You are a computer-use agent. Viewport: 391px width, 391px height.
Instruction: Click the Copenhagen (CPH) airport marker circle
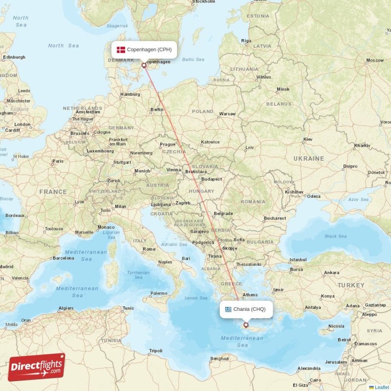coord(144,65)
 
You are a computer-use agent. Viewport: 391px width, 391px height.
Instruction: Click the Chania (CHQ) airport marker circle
coord(246,325)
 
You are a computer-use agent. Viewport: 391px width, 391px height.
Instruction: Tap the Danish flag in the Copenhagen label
coord(121,49)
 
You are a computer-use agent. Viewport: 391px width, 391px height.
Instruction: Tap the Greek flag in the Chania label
coord(228,309)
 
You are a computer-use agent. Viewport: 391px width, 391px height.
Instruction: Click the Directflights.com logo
coord(37,367)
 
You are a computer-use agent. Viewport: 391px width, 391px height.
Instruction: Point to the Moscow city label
coord(375,61)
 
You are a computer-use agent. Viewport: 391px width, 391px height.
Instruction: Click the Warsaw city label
coord(227,114)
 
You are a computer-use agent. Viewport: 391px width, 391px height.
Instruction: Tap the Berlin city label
coord(157,109)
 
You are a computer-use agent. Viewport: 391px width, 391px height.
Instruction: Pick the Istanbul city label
coord(298,260)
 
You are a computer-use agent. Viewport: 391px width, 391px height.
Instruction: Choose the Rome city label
coord(149,249)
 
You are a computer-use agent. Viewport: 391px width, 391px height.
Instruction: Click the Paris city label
coord(58,161)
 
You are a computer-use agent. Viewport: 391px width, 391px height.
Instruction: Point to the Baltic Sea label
coord(193,60)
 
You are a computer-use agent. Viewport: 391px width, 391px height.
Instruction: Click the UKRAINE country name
coord(308,159)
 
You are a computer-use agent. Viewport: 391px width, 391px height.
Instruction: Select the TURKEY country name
coord(350,285)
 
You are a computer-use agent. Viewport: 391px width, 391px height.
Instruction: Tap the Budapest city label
coord(211,179)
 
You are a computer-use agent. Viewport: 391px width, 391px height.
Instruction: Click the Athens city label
coord(250,295)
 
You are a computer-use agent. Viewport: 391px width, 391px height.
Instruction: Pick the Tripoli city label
coord(156,351)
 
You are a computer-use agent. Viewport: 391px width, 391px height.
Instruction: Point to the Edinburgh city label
coord(14,57)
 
